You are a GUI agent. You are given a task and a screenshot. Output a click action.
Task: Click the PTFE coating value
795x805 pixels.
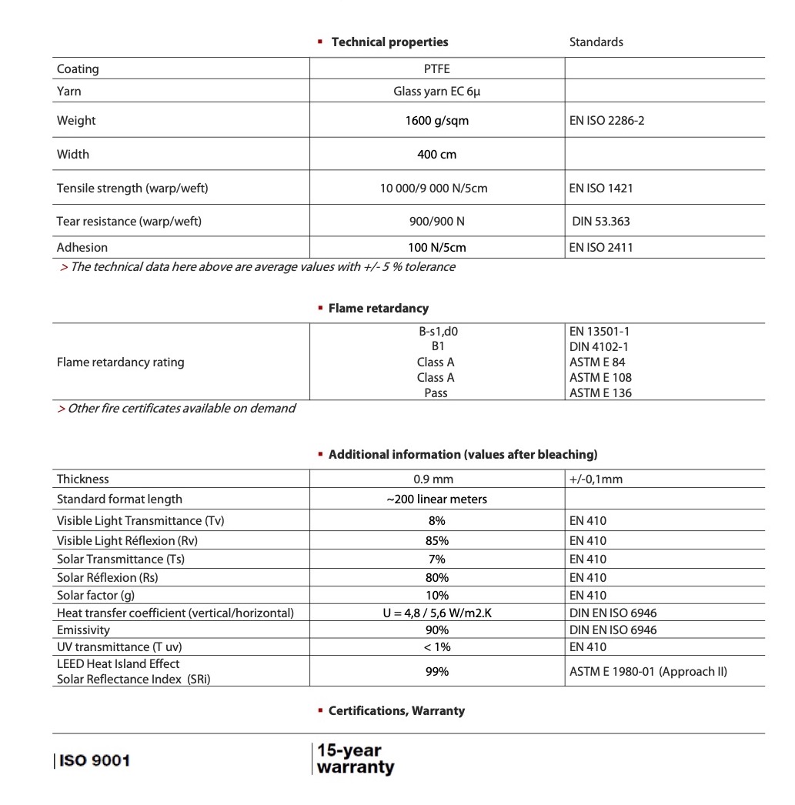click(436, 68)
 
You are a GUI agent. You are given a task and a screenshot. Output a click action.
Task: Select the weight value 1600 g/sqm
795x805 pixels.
click(436, 121)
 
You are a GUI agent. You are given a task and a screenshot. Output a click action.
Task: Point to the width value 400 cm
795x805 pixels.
click(436, 155)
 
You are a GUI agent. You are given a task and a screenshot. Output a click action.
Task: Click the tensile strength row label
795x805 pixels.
click(132, 189)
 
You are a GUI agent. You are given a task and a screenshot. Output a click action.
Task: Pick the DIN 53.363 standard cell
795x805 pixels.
click(601, 222)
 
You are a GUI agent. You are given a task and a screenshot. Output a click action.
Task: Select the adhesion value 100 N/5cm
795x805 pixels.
click(436, 248)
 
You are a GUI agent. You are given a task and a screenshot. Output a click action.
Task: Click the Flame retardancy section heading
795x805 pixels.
click(378, 309)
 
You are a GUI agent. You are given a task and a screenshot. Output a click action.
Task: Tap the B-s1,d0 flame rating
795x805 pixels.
click(437, 332)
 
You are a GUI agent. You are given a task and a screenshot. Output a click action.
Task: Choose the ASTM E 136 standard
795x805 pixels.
click(600, 393)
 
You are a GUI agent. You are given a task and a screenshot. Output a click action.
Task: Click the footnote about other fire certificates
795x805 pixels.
click(176, 409)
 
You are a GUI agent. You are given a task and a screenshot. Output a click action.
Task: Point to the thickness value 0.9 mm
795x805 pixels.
click(436, 479)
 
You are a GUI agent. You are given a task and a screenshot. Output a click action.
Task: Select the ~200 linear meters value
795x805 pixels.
click(436, 499)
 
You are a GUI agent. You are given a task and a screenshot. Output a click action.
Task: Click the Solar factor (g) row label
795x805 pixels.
click(99, 596)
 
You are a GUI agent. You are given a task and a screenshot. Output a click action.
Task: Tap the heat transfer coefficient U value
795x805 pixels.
click(436, 613)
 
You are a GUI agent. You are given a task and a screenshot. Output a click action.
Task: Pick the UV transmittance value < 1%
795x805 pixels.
click(436, 647)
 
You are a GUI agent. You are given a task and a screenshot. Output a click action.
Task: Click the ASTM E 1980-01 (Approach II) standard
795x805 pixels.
click(648, 672)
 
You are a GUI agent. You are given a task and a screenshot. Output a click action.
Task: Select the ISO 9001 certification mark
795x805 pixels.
click(93, 760)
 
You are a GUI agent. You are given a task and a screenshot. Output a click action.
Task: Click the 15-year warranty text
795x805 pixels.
click(355, 759)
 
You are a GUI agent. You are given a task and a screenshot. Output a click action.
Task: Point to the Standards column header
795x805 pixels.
click(596, 42)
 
